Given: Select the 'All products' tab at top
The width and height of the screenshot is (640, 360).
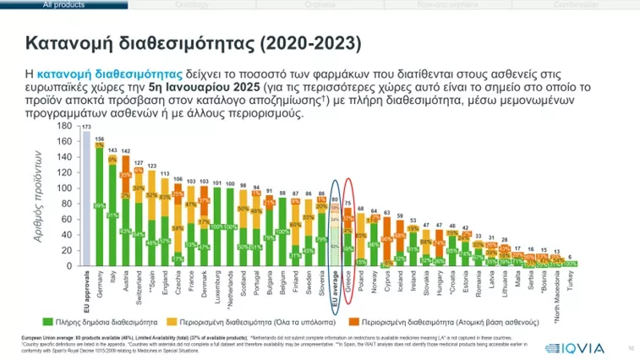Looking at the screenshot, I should click(x=65, y=4).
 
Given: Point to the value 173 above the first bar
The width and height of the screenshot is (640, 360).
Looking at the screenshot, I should click(x=85, y=127).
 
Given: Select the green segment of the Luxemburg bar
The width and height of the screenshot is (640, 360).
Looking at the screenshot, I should click(x=217, y=226).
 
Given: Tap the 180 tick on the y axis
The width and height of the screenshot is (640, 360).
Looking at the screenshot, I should click(x=64, y=125).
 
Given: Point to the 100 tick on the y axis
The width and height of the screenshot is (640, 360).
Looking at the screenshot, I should click(x=64, y=188).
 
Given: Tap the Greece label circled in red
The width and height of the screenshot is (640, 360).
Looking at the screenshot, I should click(x=347, y=281).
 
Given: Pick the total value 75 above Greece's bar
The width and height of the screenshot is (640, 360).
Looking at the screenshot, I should click(x=347, y=203).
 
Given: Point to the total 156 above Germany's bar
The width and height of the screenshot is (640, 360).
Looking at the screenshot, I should click(x=99, y=139).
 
